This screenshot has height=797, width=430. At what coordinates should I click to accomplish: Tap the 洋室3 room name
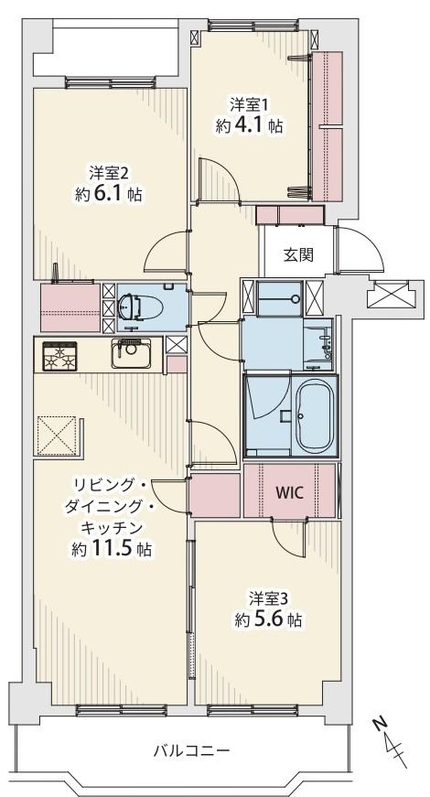(269, 598)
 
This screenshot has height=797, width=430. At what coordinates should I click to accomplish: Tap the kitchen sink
(132, 351)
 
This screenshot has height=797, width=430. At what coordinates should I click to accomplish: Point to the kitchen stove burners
(59, 355)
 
